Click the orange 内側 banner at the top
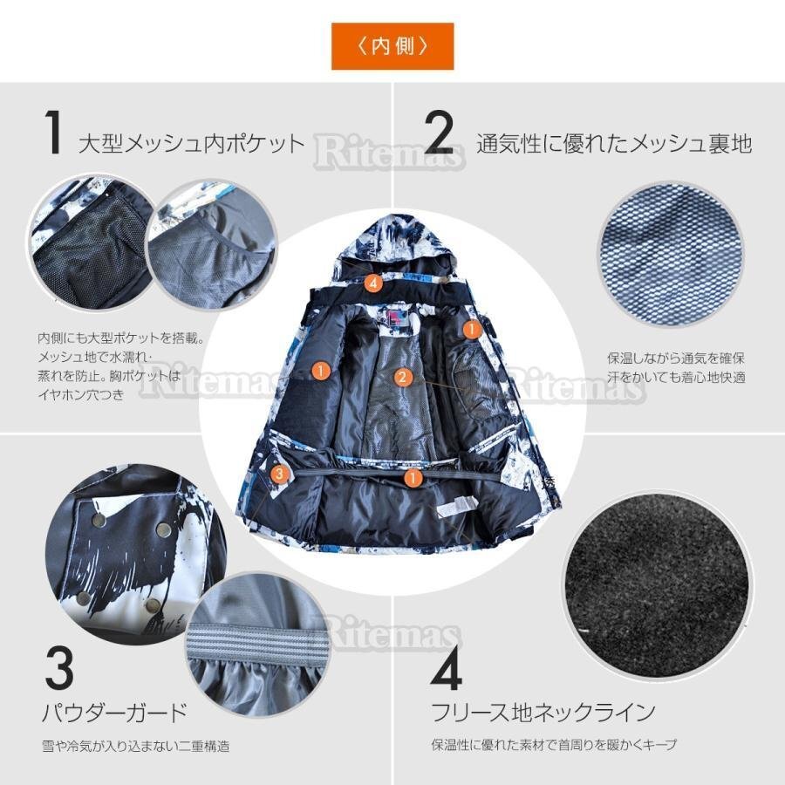pyautogui.click(x=392, y=45)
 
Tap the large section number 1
pyautogui.click(x=54, y=133)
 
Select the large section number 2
pyautogui.click(x=440, y=133)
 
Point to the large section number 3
pyautogui.click(x=60, y=668)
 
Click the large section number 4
pyautogui.click(x=446, y=668)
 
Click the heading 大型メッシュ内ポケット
pyautogui.click(x=192, y=143)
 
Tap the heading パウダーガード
pyautogui.click(x=114, y=713)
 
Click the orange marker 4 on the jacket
pyautogui.click(x=373, y=283)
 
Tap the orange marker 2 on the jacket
pyautogui.click(x=401, y=377)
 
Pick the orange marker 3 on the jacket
pyautogui.click(x=279, y=474)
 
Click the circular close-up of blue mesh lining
pyautogui.click(x=669, y=254)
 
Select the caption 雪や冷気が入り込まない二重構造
pyautogui.click(x=136, y=746)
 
